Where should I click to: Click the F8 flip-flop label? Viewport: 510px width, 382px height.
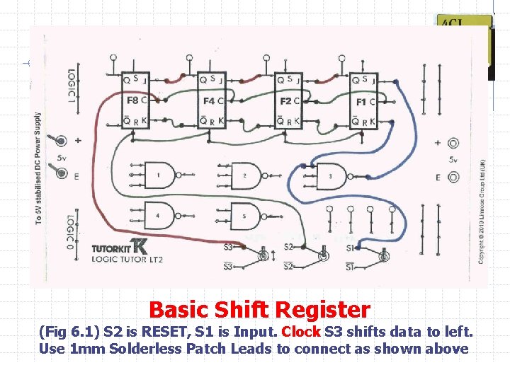tap(132, 101)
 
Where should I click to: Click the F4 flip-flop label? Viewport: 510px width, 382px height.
tap(209, 101)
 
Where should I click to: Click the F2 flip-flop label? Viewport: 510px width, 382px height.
tap(285, 101)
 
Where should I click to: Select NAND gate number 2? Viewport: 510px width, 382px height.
tap(244, 175)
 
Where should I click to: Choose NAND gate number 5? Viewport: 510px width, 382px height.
tap(244, 215)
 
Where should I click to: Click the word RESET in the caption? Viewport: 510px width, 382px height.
tap(177, 331)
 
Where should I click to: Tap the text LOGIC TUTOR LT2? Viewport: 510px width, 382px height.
tap(127, 260)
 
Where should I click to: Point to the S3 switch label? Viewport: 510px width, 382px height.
tap(228, 247)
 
